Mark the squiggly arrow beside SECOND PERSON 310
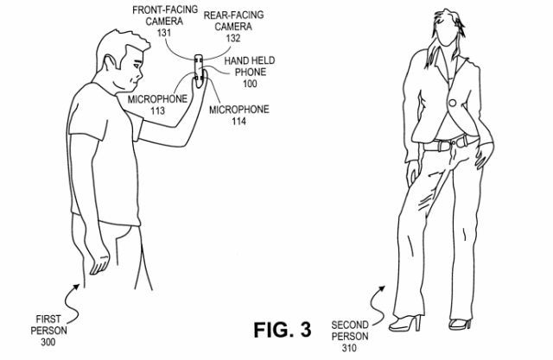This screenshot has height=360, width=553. point(377,300)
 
